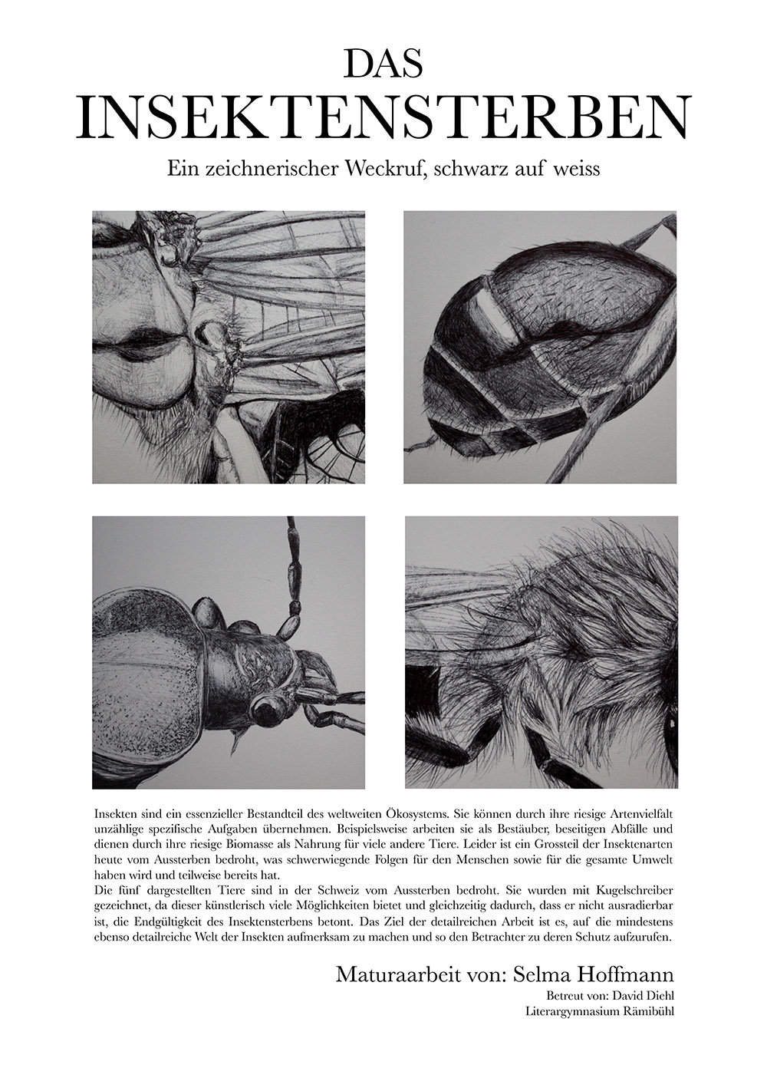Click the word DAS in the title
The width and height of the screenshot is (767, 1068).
pos(383,64)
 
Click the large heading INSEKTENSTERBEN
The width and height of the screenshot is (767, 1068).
pos(383,117)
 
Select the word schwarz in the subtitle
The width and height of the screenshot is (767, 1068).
pos(470,169)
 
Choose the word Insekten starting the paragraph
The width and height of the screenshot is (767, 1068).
pos(114,812)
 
